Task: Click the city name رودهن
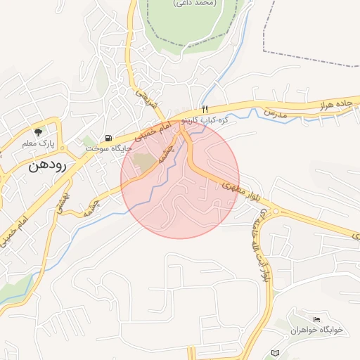(47, 167)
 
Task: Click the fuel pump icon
(107, 138)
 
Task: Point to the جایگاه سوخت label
(104, 149)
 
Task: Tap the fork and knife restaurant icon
(205, 109)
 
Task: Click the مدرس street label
(276, 112)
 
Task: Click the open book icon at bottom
(274, 352)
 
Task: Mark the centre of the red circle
(180, 180)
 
